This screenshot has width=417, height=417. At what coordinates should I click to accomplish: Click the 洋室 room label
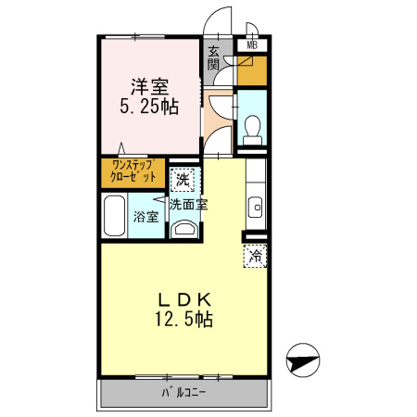(x=150, y=87)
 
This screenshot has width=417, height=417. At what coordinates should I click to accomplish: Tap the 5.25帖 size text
(x=149, y=107)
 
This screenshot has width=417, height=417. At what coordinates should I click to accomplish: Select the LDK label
(x=184, y=299)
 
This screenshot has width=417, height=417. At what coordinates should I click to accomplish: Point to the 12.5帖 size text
(x=183, y=319)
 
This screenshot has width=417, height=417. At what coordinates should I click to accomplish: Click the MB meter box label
(x=252, y=45)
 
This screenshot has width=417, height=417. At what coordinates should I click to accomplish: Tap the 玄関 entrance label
(x=213, y=58)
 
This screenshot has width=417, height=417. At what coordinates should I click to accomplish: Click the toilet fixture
(x=252, y=130)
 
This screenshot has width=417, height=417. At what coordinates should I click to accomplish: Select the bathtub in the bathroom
(x=114, y=216)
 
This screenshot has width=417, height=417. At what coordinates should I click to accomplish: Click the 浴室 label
(x=145, y=217)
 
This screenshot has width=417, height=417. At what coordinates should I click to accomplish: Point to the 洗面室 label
(x=188, y=204)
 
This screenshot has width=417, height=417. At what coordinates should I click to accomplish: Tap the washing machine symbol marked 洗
(x=183, y=180)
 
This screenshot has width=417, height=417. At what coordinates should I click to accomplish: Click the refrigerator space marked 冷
(x=255, y=256)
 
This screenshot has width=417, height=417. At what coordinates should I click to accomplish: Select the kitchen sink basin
(x=257, y=208)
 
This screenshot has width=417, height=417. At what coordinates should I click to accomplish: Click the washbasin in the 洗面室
(x=184, y=229)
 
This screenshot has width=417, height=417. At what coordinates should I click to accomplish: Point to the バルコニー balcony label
(x=183, y=393)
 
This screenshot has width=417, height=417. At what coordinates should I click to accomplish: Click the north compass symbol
(x=303, y=360)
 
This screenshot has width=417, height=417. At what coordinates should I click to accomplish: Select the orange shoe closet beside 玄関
(x=252, y=70)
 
